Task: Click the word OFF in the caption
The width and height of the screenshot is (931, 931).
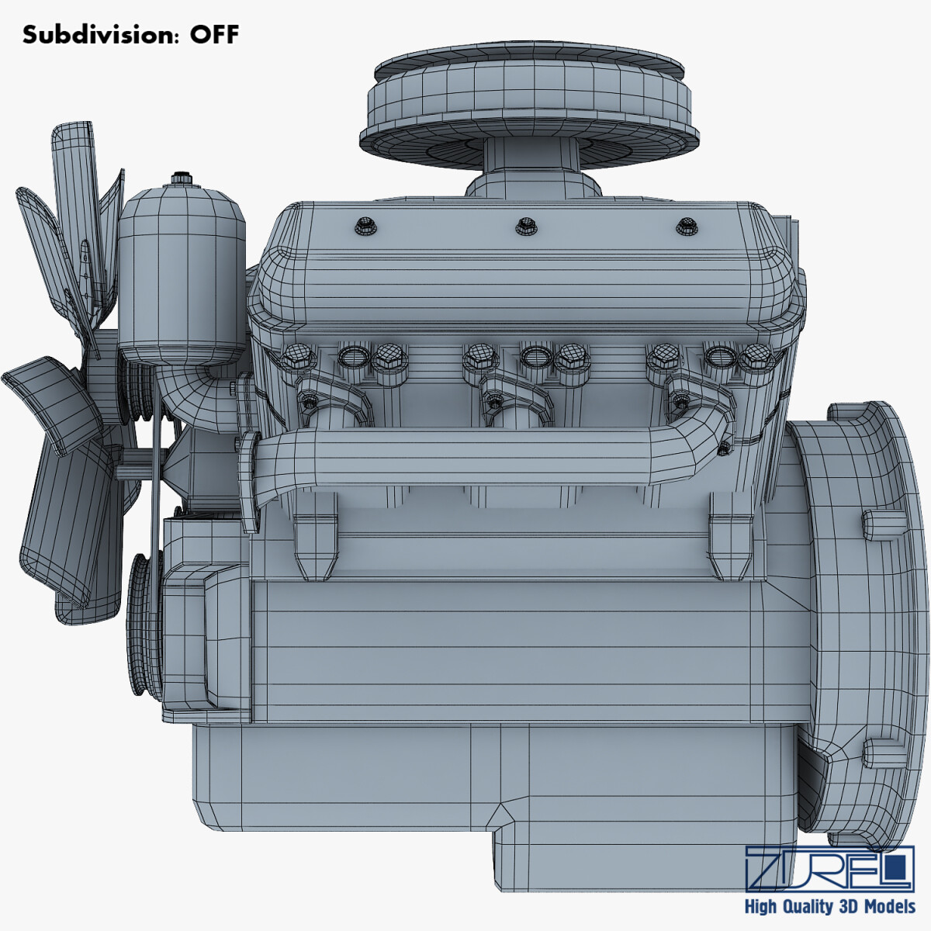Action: pyautogui.click(x=215, y=35)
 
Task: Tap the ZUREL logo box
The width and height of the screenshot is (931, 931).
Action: pyautogui.click(x=829, y=868)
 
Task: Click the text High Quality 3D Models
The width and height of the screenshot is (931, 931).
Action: pyautogui.click(x=829, y=906)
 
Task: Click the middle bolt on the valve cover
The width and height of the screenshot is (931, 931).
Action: pyautogui.click(x=526, y=226)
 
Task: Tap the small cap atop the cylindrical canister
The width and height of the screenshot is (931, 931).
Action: pyautogui.click(x=182, y=178)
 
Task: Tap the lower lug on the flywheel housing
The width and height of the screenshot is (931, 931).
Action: pyautogui.click(x=884, y=752)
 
